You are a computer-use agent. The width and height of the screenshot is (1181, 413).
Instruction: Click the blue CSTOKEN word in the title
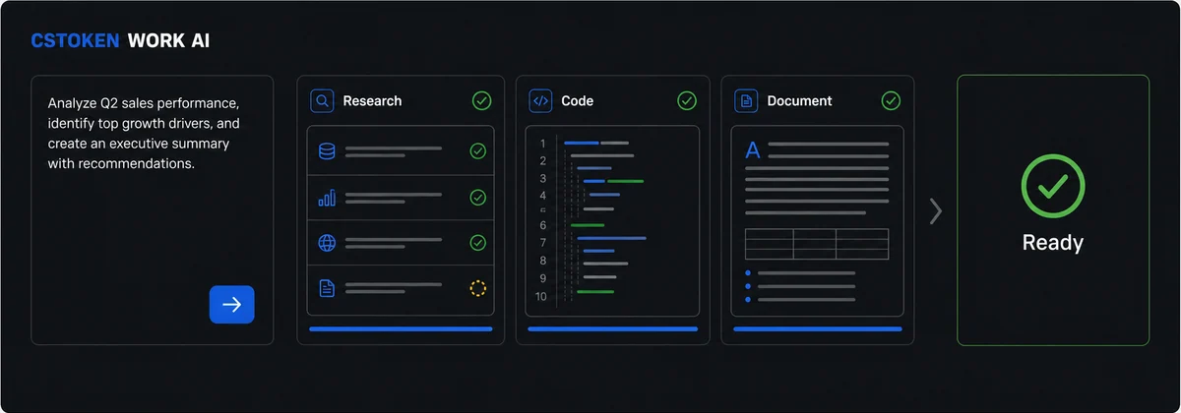pos(75,40)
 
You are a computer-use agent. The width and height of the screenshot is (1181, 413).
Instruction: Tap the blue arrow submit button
pos(232,305)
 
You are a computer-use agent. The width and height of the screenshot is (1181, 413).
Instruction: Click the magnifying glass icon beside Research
pos(322,100)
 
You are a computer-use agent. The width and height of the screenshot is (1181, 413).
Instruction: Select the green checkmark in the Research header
pos(482,100)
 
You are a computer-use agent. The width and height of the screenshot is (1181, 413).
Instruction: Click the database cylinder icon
pos(327,151)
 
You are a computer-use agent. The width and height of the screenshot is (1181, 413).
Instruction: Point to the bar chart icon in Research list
pos(327,198)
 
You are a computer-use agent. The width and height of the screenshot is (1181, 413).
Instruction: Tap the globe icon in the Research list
pos(327,243)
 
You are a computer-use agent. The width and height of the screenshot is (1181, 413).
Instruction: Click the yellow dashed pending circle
pos(477,288)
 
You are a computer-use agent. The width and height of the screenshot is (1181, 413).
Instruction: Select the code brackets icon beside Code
pos(540,100)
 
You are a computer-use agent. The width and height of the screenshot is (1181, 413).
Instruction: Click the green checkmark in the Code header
pos(687,100)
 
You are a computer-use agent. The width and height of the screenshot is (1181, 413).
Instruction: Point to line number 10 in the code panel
pos(541,296)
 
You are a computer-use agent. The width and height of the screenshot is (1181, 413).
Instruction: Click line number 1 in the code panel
pos(542,144)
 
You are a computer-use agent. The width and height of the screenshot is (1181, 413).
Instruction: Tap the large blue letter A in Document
pos(753,150)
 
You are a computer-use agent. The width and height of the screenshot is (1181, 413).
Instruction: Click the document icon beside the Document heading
pos(746,100)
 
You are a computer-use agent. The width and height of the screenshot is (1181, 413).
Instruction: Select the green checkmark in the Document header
pos(891,100)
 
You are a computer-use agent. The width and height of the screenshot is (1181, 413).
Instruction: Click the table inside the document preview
pos(817,244)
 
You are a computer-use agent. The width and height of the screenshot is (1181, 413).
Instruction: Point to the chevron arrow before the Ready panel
pos(936,211)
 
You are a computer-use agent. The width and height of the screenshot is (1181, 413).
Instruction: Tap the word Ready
pos(1053,243)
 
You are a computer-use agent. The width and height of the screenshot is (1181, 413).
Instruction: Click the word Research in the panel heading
pos(372,100)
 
